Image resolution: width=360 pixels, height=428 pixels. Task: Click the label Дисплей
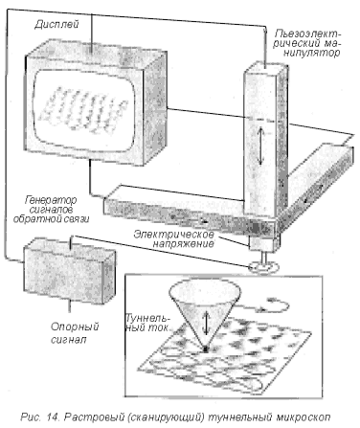click(x=56, y=25)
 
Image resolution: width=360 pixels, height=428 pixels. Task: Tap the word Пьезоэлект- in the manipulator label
click(x=308, y=34)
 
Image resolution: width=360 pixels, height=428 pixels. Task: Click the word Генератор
click(x=51, y=200)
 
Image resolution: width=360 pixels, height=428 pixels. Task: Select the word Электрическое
click(x=173, y=235)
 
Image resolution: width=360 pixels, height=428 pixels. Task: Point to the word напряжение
click(x=183, y=244)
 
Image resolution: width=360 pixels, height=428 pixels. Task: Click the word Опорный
click(x=75, y=327)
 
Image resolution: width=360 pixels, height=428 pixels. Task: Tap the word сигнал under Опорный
click(x=69, y=339)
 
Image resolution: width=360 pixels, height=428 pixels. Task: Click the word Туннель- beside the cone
click(x=147, y=319)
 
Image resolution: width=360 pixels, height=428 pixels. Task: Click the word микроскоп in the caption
click(x=303, y=417)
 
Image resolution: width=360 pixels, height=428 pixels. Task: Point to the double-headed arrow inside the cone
click(x=207, y=323)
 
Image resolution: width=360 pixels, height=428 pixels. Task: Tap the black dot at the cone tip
click(x=206, y=349)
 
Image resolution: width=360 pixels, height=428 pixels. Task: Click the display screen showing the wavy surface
click(x=84, y=110)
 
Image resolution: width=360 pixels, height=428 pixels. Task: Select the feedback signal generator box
click(x=69, y=270)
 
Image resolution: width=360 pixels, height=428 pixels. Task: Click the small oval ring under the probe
click(x=263, y=267)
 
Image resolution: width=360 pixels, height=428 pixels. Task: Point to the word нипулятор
click(x=311, y=53)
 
